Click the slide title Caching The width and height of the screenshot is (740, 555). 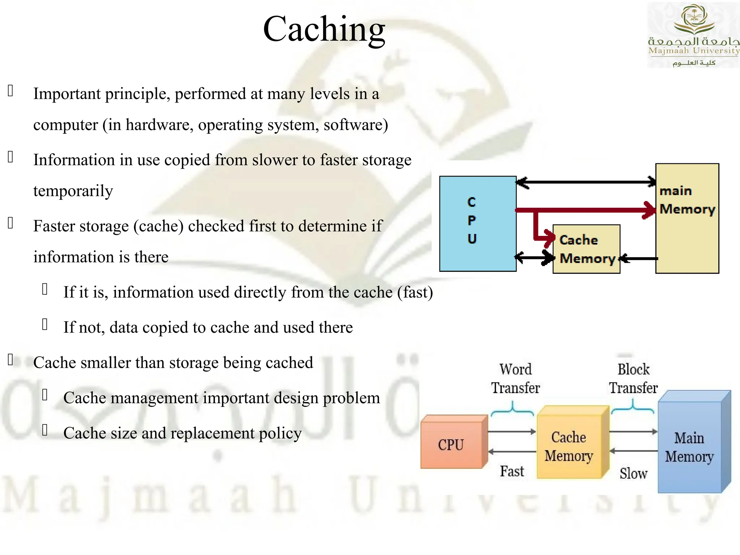click(x=324, y=30)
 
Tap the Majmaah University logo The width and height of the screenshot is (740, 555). click(x=693, y=35)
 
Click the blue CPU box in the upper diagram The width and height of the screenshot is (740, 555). click(x=477, y=224)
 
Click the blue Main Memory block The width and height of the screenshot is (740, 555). click(x=689, y=447)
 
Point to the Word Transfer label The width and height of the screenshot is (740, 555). click(x=515, y=379)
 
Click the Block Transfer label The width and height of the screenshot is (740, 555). click(x=633, y=379)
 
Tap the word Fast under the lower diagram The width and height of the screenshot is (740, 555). click(x=512, y=472)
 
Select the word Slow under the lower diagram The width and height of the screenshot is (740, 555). click(x=633, y=473)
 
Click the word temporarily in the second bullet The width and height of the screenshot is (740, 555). click(x=73, y=191)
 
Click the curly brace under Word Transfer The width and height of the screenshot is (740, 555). click(x=512, y=410)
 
